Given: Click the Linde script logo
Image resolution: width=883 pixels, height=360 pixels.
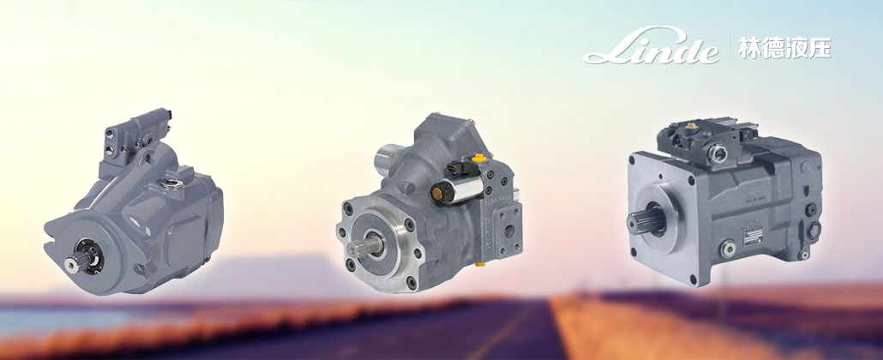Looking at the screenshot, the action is (651, 46).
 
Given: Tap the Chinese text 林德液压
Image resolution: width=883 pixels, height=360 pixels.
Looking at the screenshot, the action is (784, 48).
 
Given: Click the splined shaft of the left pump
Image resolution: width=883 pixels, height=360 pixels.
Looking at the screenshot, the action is (75, 262).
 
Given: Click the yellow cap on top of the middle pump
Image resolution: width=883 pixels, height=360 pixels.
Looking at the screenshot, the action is (479, 158).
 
